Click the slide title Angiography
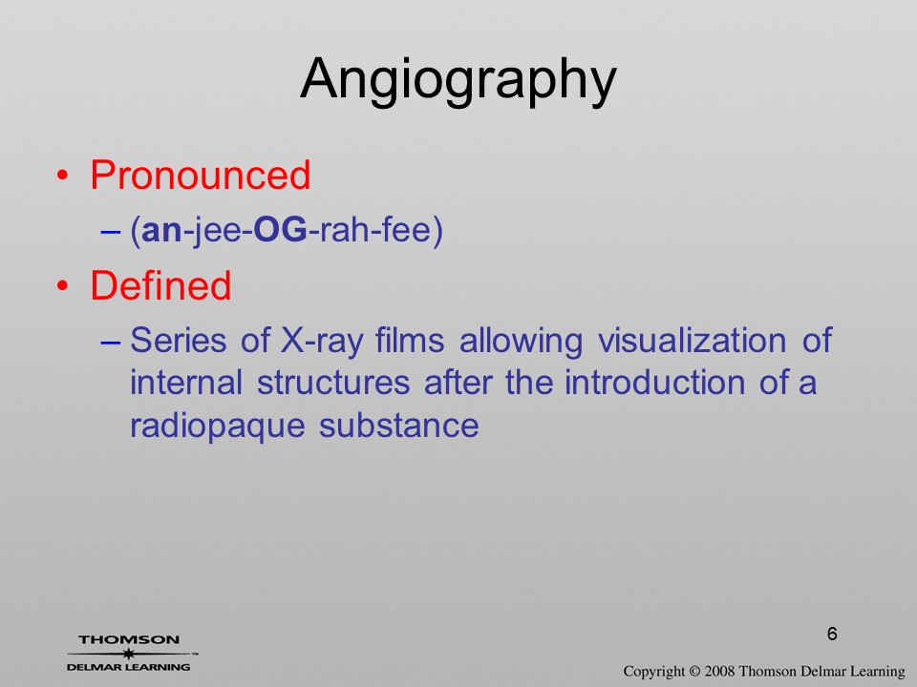pyautogui.click(x=458, y=80)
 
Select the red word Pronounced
pyautogui.click(x=200, y=175)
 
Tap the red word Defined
pyautogui.click(x=160, y=285)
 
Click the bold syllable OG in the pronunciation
pyautogui.click(x=280, y=230)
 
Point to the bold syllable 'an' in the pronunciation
pyautogui.click(x=162, y=231)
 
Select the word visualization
pyautogui.click(x=692, y=340)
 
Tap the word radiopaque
pyautogui.click(x=218, y=427)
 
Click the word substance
pyautogui.click(x=399, y=425)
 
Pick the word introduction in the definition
pyautogui.click(x=654, y=382)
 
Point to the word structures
pyautogui.click(x=333, y=384)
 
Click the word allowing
pyautogui.click(x=522, y=342)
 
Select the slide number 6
pyautogui.click(x=832, y=634)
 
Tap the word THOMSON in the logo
pyautogui.click(x=129, y=639)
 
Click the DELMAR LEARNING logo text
pyautogui.click(x=129, y=667)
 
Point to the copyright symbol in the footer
pyautogui.click(x=694, y=671)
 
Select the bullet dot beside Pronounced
pyautogui.click(x=63, y=176)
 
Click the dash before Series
pyautogui.click(x=111, y=342)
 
